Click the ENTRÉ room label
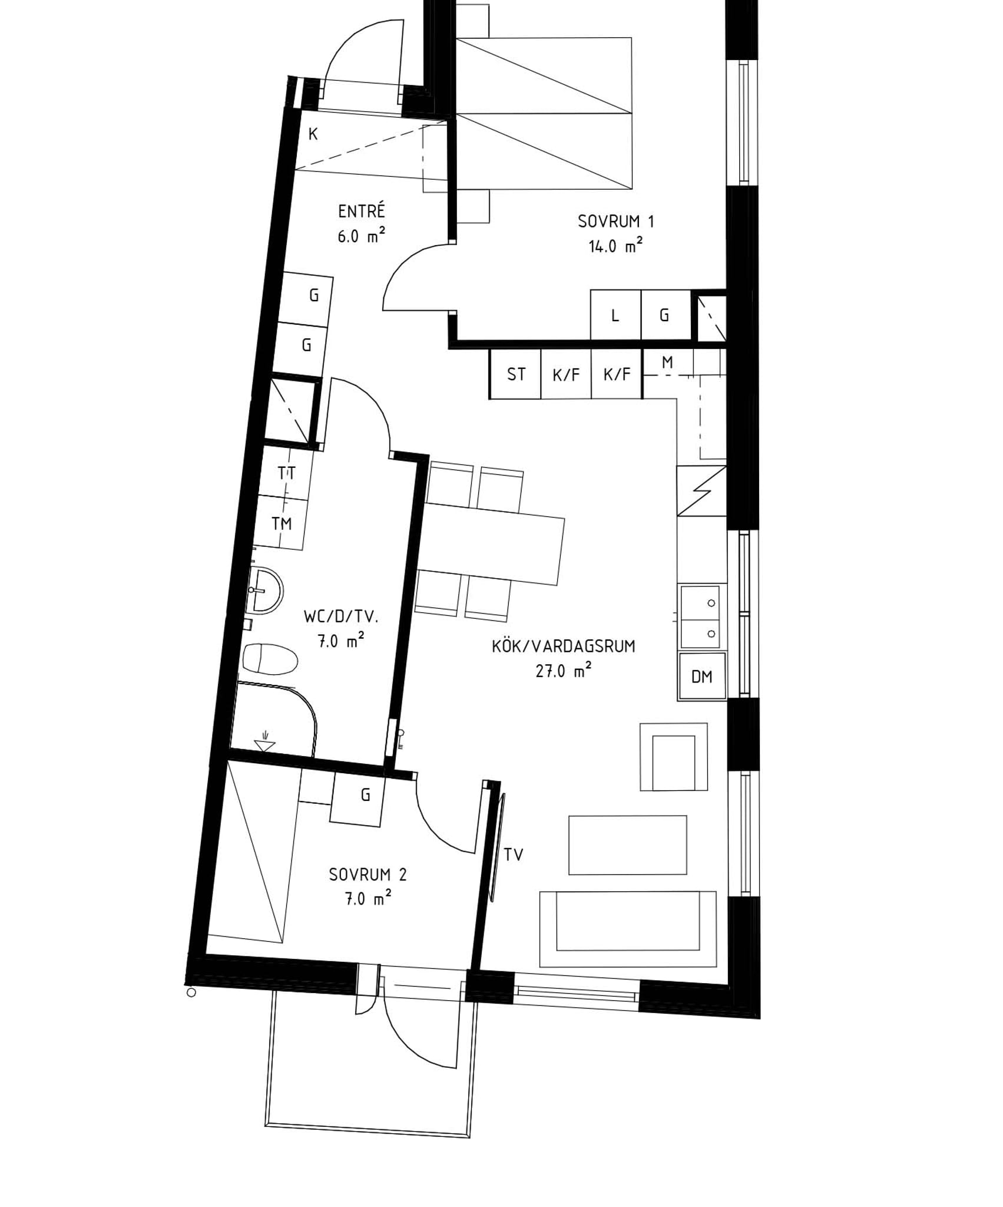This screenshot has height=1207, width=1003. pyautogui.click(x=361, y=210)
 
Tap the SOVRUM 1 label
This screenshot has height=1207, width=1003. pyautogui.click(x=615, y=222)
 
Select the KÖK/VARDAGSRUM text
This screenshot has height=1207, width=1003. pyautogui.click(x=564, y=647)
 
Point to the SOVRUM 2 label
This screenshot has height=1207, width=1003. pyautogui.click(x=368, y=875)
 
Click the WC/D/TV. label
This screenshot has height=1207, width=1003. pyautogui.click(x=341, y=617)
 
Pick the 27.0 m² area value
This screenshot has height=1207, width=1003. pyautogui.click(x=563, y=671)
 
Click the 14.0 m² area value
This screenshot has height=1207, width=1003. pyautogui.click(x=615, y=246)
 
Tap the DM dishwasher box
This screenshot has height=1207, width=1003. pyautogui.click(x=702, y=676)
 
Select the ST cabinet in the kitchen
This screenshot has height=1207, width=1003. pyautogui.click(x=515, y=374)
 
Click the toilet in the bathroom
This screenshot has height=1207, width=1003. pyautogui.click(x=270, y=659)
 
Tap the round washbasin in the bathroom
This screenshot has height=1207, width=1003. pyautogui.click(x=266, y=591)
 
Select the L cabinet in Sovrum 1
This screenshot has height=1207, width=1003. pyautogui.click(x=615, y=315)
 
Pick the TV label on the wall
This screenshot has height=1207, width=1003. pyautogui.click(x=514, y=855)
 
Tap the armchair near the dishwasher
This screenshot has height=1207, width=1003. pyautogui.click(x=674, y=757)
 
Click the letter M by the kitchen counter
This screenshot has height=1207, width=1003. pyautogui.click(x=667, y=362)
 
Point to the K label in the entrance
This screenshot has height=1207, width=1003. pyautogui.click(x=313, y=134)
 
